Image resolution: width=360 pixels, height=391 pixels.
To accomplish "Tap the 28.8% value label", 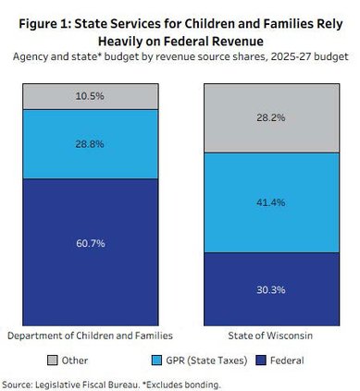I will pos(90,145).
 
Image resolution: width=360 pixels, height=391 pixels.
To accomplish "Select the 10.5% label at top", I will pos(90,95).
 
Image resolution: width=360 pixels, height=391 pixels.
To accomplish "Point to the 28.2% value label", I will pos(271,118).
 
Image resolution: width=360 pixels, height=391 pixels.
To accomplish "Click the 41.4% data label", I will pos(271,202).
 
